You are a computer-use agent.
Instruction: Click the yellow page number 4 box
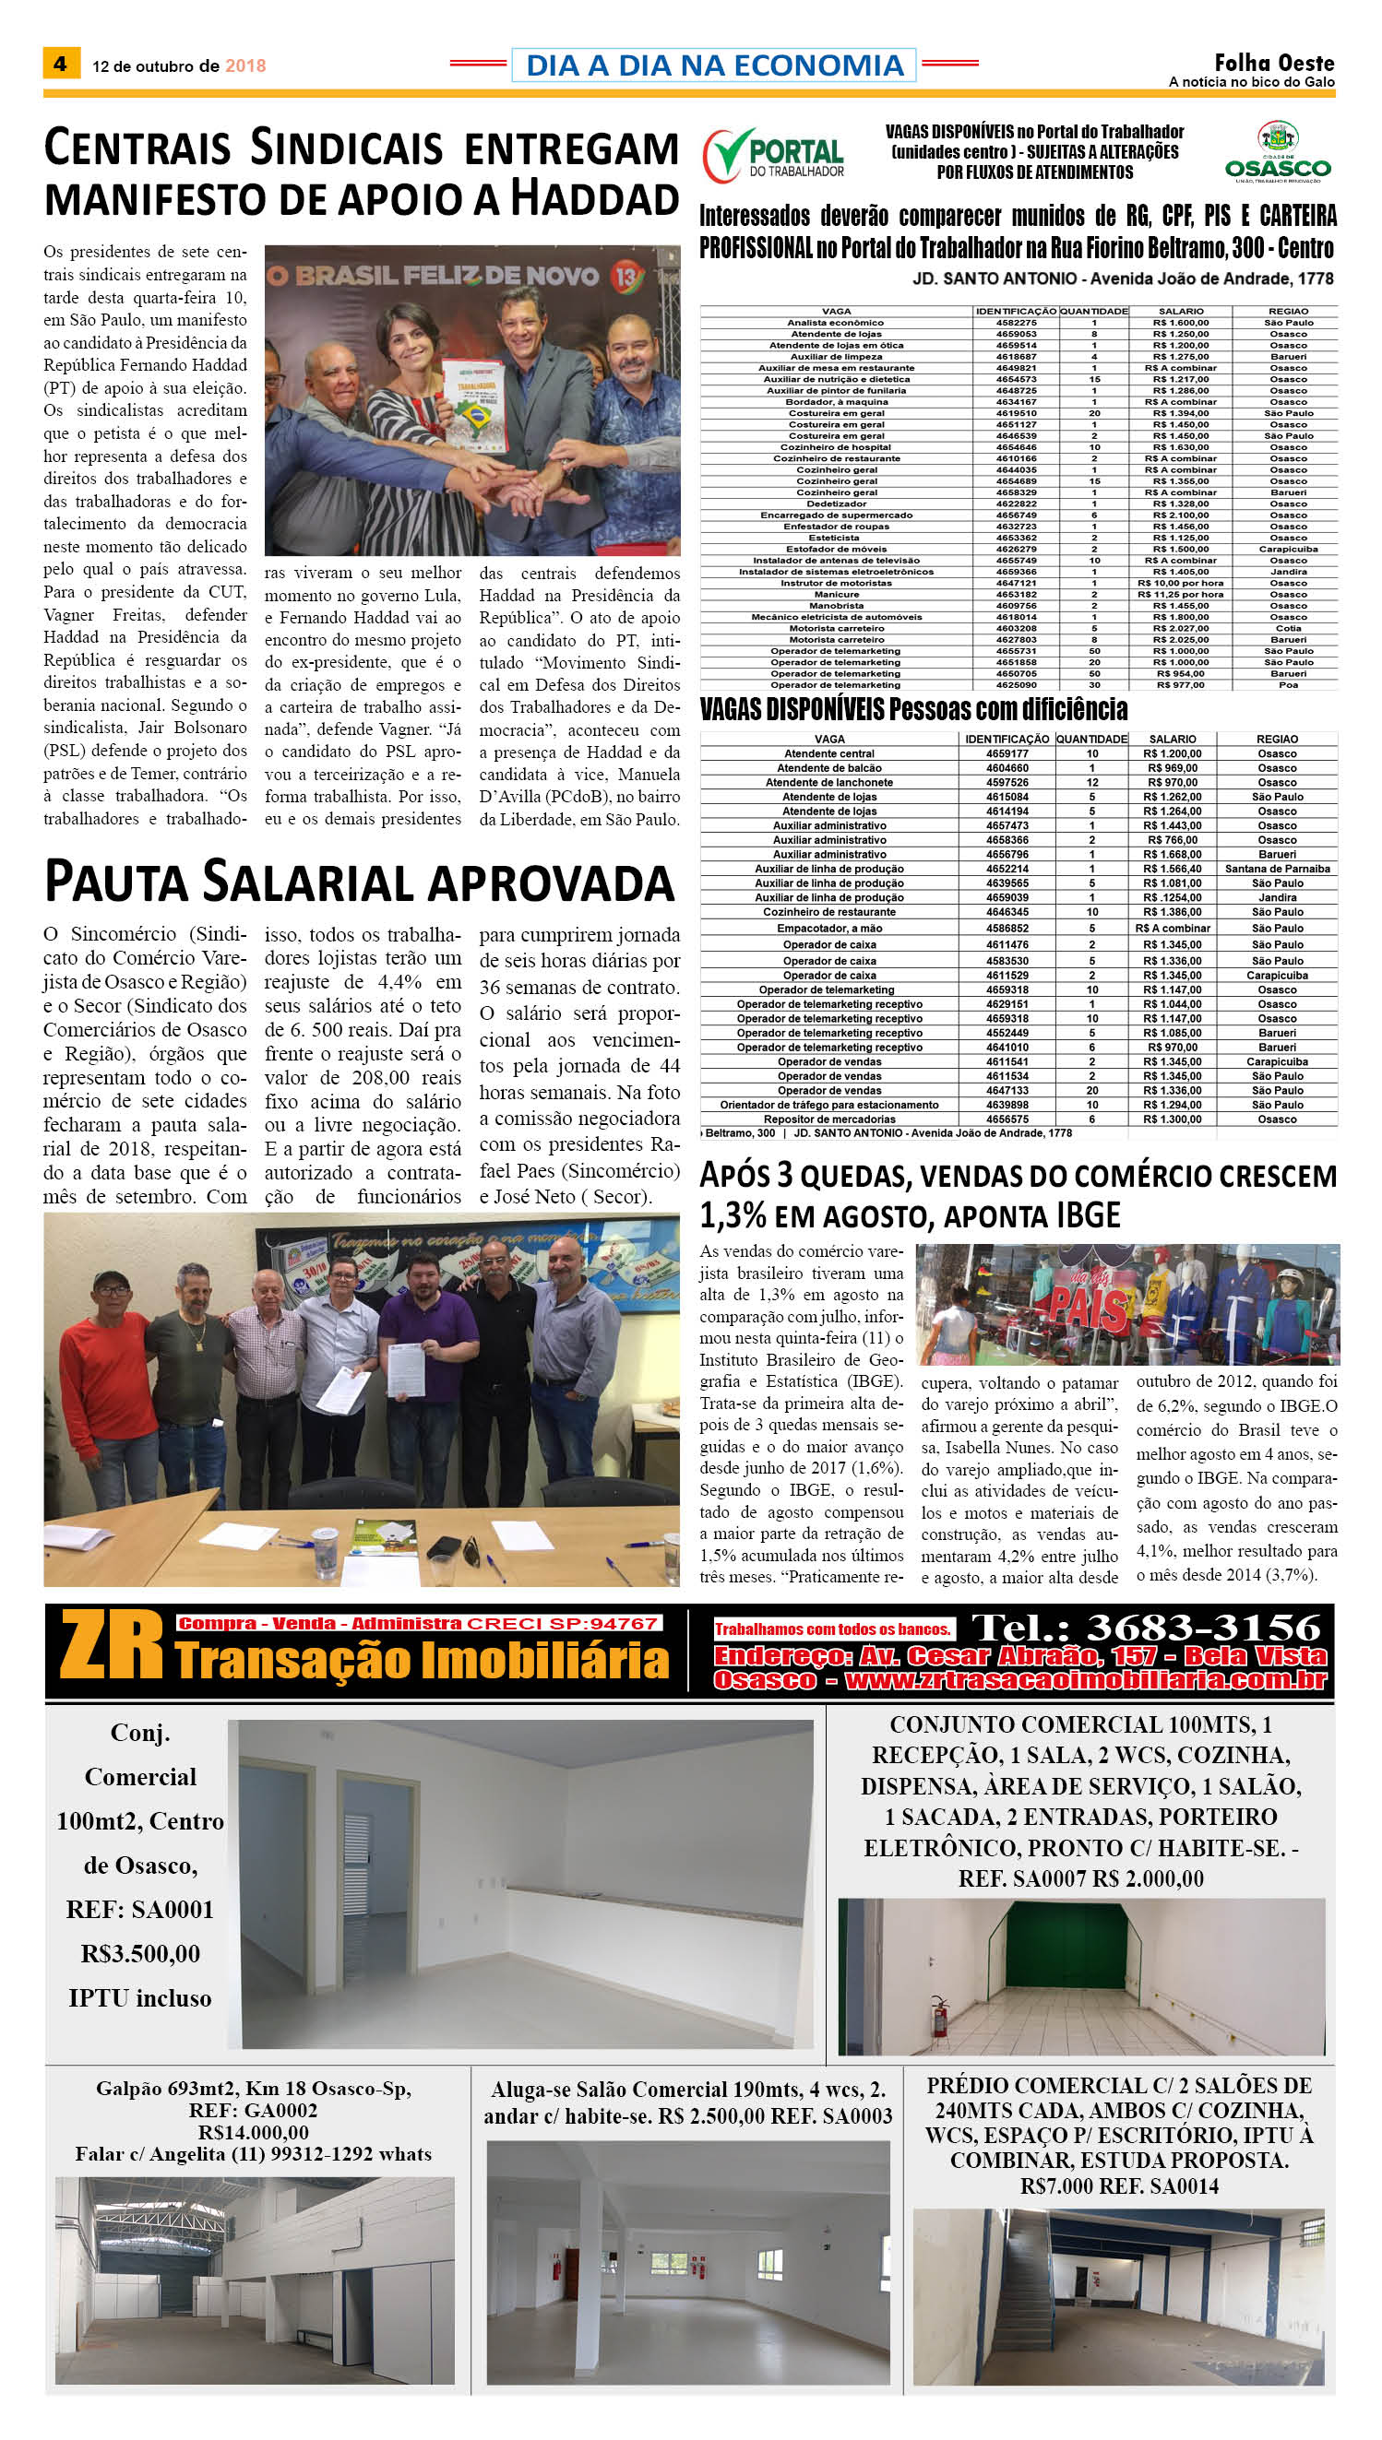[x=61, y=64]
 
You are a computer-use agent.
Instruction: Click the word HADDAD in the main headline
[x=595, y=200]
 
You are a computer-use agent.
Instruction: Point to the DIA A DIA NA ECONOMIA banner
[x=714, y=65]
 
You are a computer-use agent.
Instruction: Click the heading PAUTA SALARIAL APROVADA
[x=359, y=882]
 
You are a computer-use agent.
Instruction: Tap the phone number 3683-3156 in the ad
[x=1203, y=1627]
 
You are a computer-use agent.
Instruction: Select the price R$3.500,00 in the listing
[x=140, y=1953]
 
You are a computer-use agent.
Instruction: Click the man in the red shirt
[x=106, y=1366]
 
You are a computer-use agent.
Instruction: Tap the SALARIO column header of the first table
[x=1180, y=311]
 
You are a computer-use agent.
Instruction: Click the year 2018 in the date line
[x=244, y=65]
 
